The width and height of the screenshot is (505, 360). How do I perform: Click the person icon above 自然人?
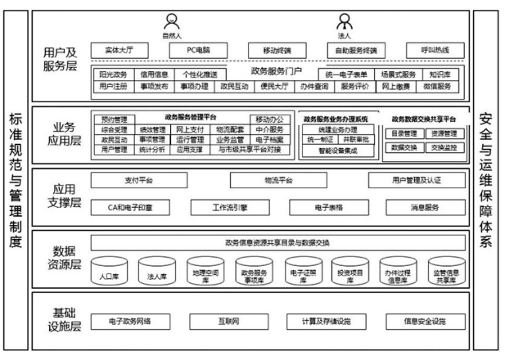point(171,21)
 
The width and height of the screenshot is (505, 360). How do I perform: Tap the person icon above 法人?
point(346,21)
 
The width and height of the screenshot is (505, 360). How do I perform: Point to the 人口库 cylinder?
point(109,273)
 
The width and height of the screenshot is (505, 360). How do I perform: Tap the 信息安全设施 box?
point(424,321)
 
